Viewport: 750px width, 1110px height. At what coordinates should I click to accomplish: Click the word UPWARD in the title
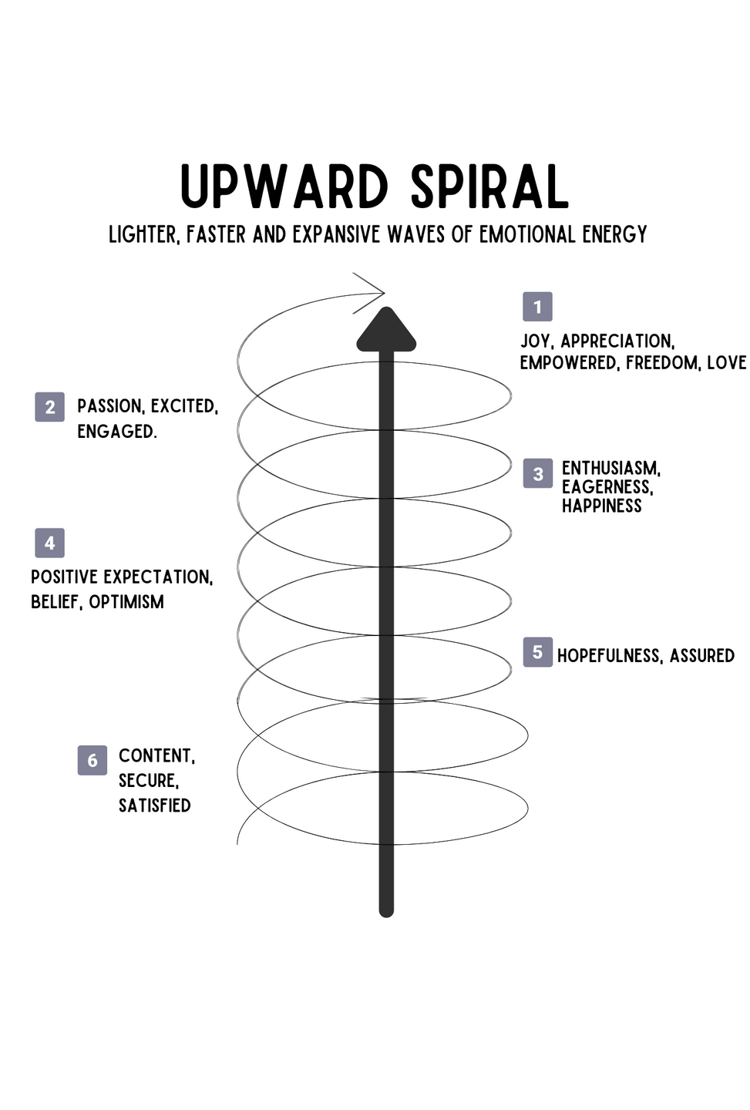click(x=284, y=187)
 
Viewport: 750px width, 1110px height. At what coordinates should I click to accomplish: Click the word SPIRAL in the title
click(x=489, y=187)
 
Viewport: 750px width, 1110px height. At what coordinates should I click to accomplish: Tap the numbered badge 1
click(x=537, y=307)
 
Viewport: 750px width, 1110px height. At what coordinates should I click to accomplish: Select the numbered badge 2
click(x=49, y=407)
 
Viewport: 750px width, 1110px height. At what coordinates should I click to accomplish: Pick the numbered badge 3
click(x=537, y=474)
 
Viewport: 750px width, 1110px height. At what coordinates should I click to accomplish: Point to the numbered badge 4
click(x=49, y=543)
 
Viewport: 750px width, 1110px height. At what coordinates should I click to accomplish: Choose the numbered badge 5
click(x=537, y=652)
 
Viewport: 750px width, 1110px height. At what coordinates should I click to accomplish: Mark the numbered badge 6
click(x=92, y=760)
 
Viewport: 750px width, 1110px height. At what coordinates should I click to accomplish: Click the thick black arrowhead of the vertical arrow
click(x=386, y=330)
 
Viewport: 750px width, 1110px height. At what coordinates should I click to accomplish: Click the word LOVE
click(x=726, y=362)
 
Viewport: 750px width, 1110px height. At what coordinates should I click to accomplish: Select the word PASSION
click(x=109, y=406)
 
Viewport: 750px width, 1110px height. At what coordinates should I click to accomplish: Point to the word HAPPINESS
click(x=601, y=506)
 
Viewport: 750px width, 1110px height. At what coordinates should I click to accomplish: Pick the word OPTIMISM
click(x=126, y=601)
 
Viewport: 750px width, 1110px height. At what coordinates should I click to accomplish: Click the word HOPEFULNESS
click(x=609, y=656)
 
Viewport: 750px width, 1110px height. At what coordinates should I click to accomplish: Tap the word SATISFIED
click(x=154, y=806)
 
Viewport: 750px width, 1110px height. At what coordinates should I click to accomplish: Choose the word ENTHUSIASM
click(x=610, y=468)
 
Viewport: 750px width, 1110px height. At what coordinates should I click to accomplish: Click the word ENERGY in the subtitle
click(x=614, y=234)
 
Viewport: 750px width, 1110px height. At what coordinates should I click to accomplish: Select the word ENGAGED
click(x=116, y=432)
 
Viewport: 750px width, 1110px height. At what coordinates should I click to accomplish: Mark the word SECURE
click(x=148, y=781)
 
